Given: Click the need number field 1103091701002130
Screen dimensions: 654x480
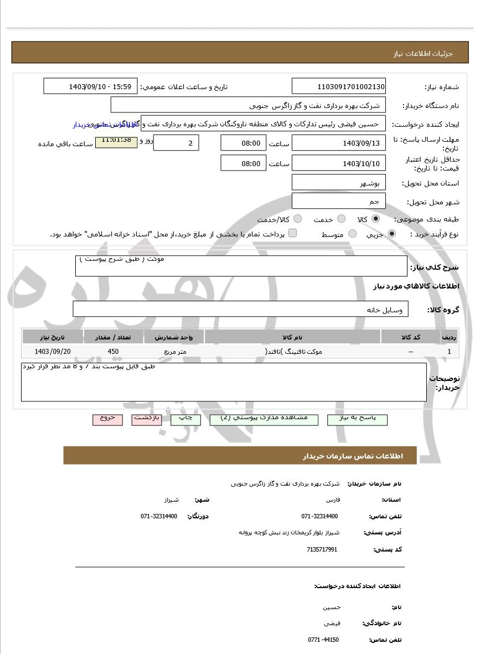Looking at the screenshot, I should tap(339, 86).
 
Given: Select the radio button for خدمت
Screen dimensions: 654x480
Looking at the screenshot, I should tap(342, 219).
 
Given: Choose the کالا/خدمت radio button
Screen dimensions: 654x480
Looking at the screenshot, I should tap(298, 219).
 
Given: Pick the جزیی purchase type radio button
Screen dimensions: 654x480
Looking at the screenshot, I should tap(392, 234).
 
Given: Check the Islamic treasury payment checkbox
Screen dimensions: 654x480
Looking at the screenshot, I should tap(292, 233).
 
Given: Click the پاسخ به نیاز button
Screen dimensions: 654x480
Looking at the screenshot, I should tap(357, 419).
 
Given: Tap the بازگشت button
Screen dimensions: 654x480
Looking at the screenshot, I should tap(147, 419).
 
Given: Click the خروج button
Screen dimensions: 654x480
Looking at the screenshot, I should tap(107, 419).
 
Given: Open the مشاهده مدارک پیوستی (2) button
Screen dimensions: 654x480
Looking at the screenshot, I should tap(264, 419).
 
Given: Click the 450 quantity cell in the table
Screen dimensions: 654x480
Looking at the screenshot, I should tap(113, 352).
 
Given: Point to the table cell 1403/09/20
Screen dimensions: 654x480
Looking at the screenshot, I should tap(53, 352).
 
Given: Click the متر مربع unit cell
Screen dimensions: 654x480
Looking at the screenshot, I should tap(174, 352).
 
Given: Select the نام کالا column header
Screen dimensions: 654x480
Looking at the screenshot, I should tap(292, 337).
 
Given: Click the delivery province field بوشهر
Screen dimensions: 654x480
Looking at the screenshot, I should tap(339, 183).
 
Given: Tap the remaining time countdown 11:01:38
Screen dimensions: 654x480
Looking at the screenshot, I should tap(116, 141).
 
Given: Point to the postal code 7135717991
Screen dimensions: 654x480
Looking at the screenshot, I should tap(322, 549).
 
